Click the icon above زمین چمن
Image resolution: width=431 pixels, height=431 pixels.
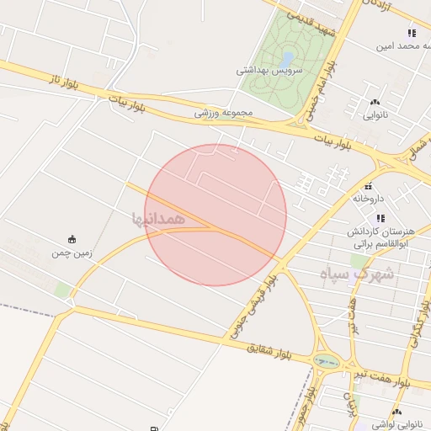pyautogui.click(x=72, y=238)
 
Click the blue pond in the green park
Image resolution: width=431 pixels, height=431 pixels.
pyautogui.click(x=288, y=59)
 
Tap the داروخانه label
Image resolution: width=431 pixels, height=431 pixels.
pyautogui.click(x=368, y=200)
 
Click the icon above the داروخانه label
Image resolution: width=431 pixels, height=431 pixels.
pyautogui.click(x=368, y=186)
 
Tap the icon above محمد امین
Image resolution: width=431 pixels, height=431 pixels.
pyautogui.click(x=412, y=33)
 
